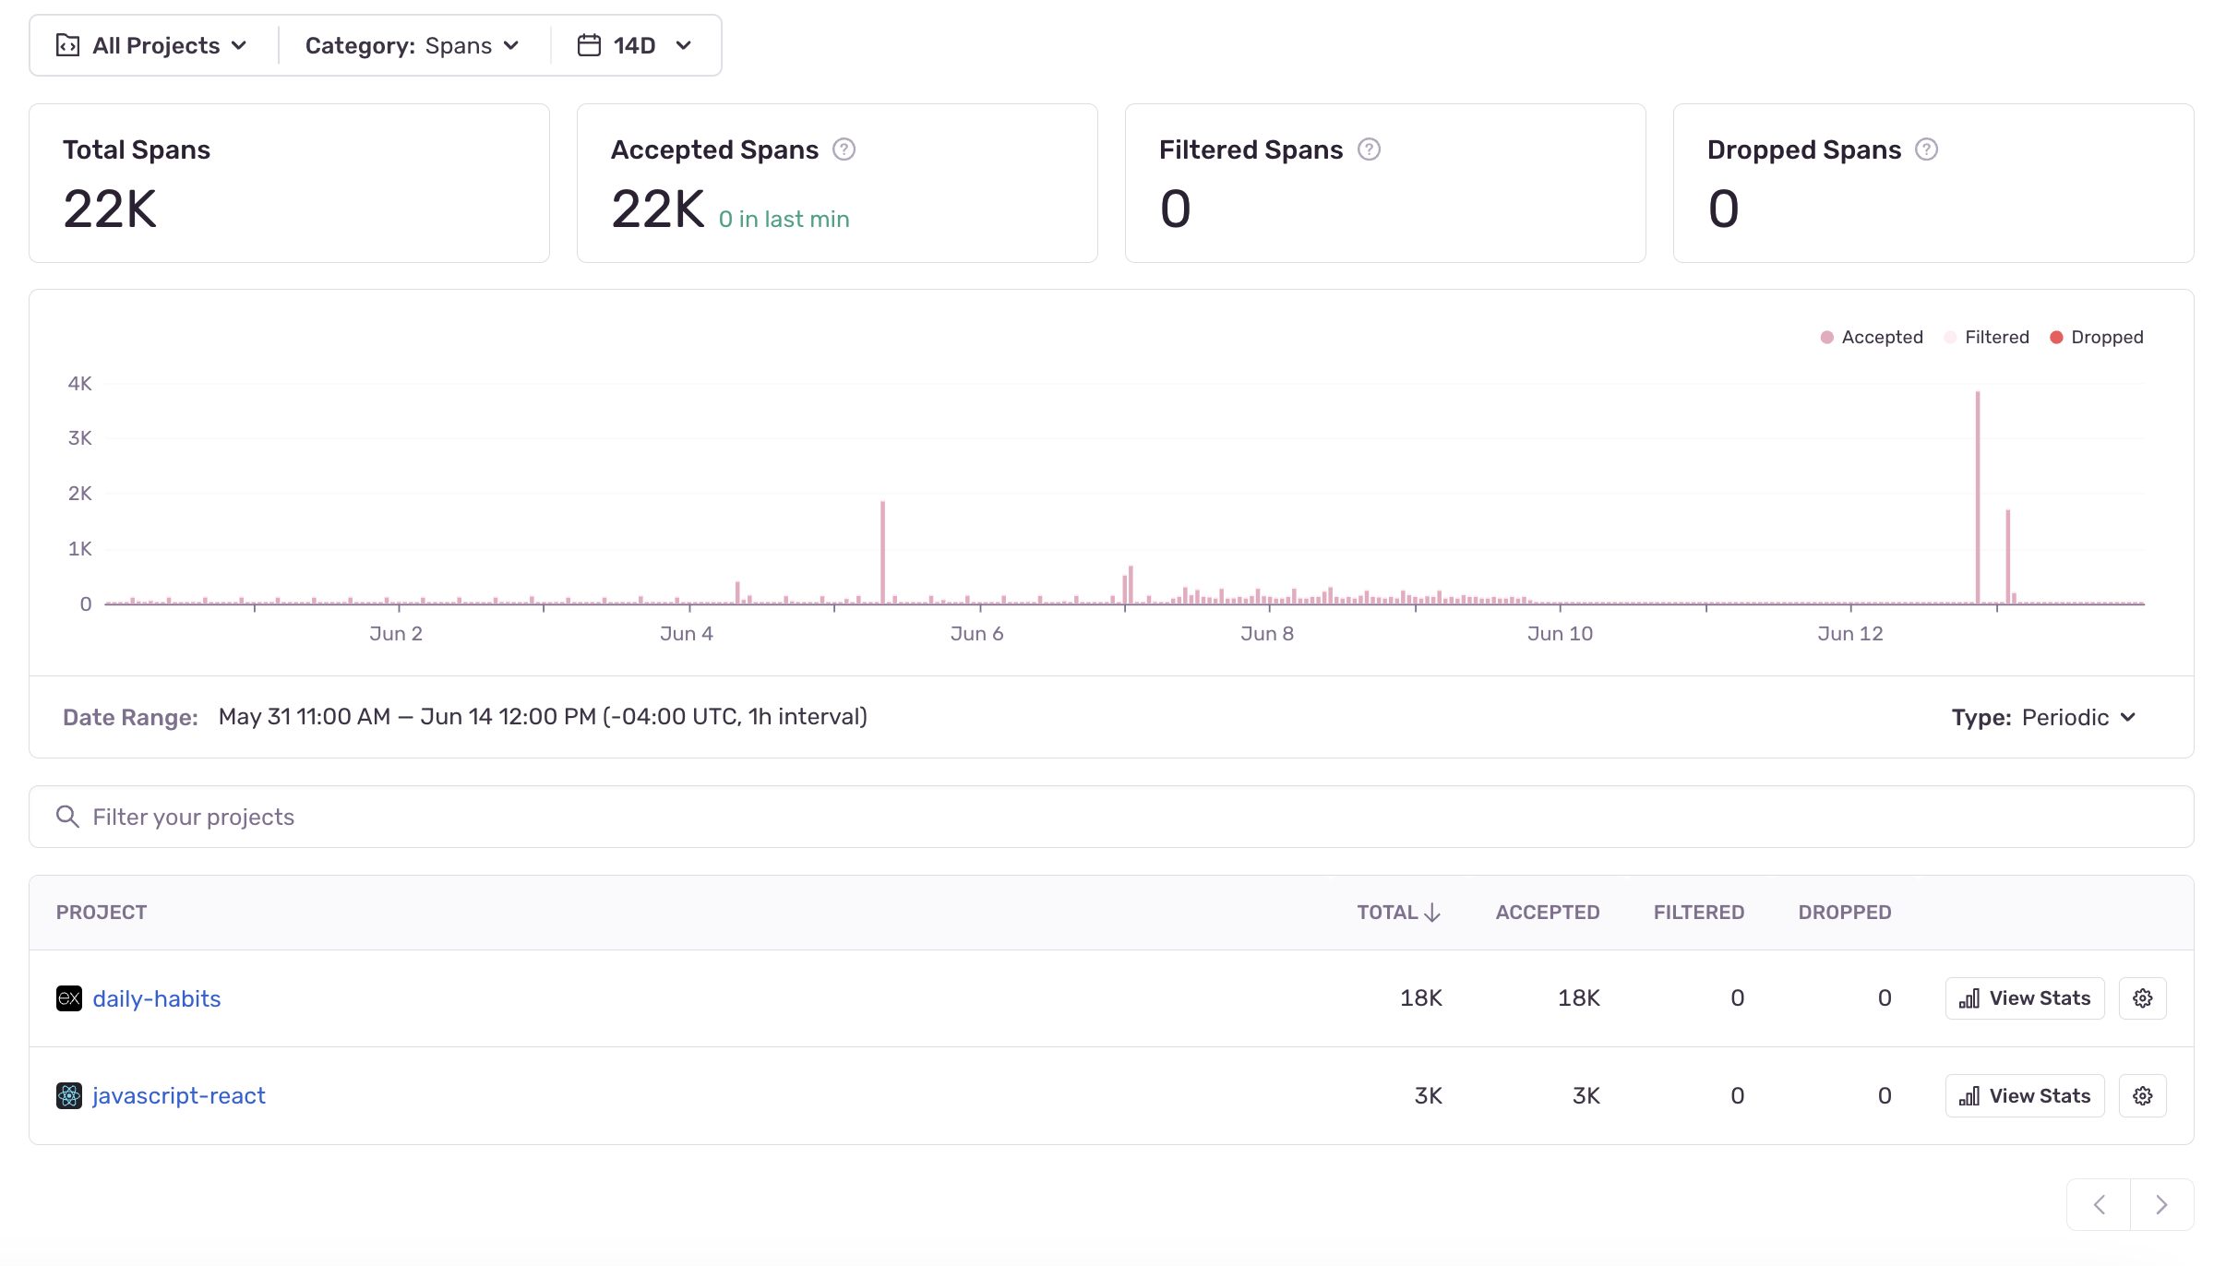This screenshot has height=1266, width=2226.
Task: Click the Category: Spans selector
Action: point(413,45)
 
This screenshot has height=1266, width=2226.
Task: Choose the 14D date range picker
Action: point(635,45)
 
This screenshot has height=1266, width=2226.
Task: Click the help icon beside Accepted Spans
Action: point(844,149)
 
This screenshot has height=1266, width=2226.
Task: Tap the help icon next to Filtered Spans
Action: point(1369,149)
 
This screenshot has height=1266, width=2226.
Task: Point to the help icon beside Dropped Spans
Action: point(1926,149)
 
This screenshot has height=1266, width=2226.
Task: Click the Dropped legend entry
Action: point(2096,337)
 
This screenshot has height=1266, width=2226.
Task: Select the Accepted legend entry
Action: point(1872,337)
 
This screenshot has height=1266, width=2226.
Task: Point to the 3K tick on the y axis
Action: point(80,438)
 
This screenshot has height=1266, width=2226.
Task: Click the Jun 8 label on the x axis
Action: point(1267,633)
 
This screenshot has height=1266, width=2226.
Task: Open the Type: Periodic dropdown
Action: point(2043,717)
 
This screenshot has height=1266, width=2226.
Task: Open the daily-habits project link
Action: point(157,998)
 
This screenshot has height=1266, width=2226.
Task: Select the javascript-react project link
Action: point(179,1095)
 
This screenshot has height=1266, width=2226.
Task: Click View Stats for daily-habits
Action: point(2025,998)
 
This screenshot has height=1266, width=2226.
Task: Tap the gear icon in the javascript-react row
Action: point(2142,1095)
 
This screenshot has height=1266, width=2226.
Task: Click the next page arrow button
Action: point(2161,1204)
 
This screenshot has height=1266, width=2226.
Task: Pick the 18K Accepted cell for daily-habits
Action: point(1579,998)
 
